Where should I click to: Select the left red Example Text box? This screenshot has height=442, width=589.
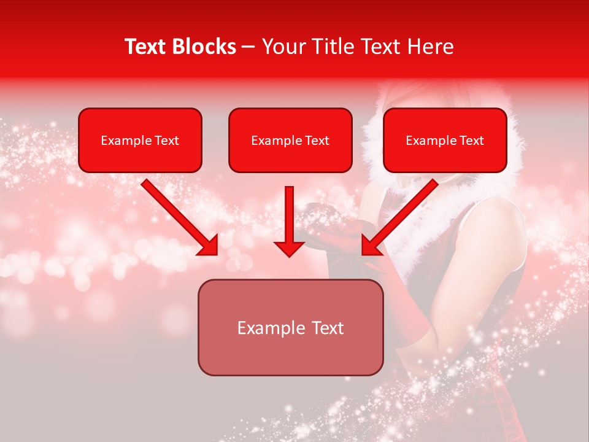click(140, 140)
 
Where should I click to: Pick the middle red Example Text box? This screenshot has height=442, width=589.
click(290, 140)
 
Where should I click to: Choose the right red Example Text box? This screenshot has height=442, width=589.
click(445, 140)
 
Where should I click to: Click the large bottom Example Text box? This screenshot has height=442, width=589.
click(290, 327)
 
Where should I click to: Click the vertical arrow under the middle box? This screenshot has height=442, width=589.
click(289, 221)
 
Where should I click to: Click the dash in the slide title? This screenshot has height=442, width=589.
click(249, 47)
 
